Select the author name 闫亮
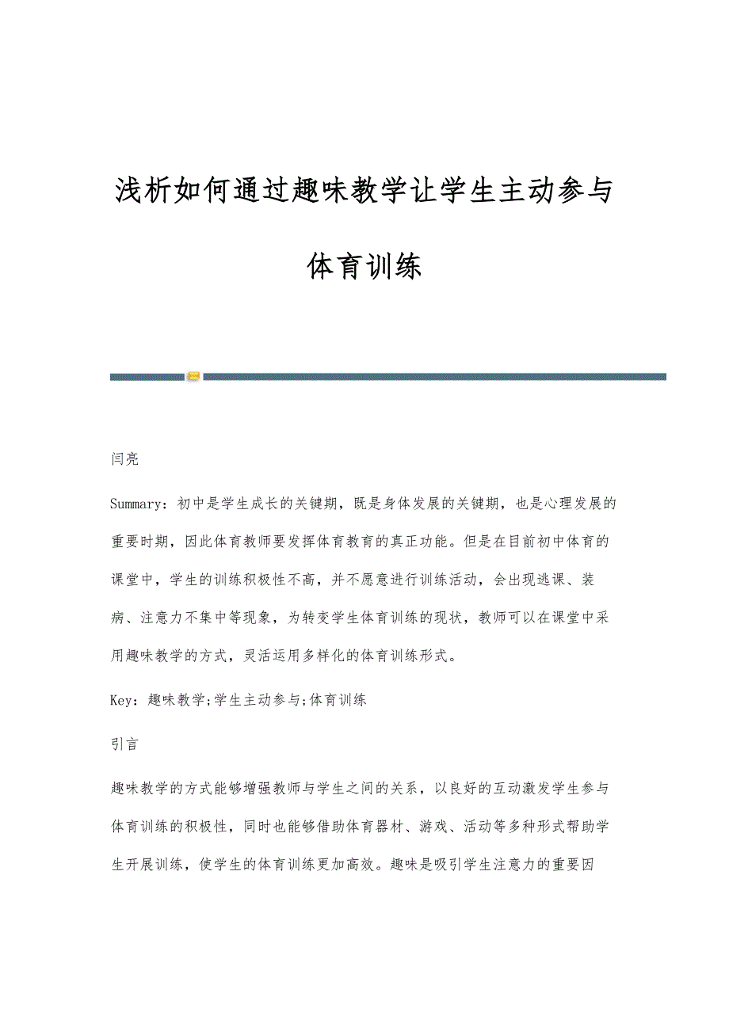click(x=125, y=459)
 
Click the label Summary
click(x=139, y=503)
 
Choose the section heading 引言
click(x=125, y=744)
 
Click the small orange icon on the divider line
click(x=193, y=377)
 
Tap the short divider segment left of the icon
click(x=147, y=377)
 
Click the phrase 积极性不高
click(x=297, y=579)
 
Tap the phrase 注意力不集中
click(x=191, y=618)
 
